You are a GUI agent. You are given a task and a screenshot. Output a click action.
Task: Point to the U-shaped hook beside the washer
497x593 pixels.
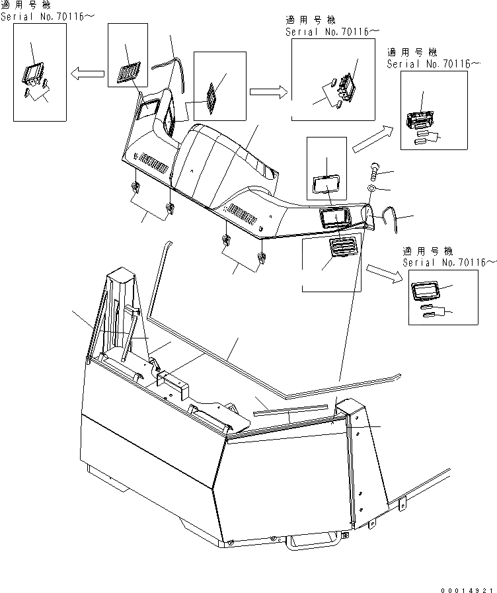point(391,218)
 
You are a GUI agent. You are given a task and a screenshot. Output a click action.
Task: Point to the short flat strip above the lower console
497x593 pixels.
point(291,409)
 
